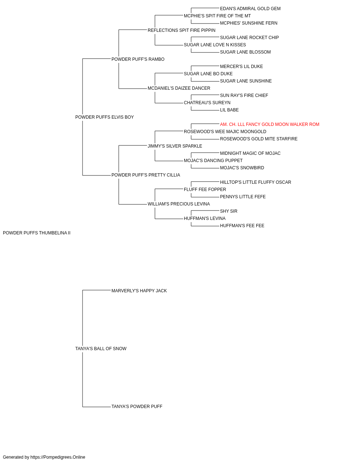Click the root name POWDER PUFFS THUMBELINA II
[x=37, y=233]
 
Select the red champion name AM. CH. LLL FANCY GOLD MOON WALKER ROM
[x=269, y=124]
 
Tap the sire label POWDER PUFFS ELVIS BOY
[x=105, y=117]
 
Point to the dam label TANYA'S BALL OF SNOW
[x=101, y=349]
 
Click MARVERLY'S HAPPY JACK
[x=139, y=291]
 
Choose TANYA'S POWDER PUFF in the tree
[x=137, y=407]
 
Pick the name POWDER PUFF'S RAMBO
[x=138, y=59]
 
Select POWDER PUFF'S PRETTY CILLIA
[x=146, y=175]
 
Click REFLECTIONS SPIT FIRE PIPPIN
[x=181, y=30]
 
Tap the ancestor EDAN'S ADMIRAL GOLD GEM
[x=250, y=9]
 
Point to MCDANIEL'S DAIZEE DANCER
[x=179, y=88]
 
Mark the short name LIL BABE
[x=230, y=110]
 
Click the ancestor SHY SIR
[x=229, y=211]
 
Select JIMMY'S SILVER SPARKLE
[x=175, y=146]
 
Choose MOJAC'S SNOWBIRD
[x=242, y=168]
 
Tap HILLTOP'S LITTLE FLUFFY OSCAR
[x=256, y=182]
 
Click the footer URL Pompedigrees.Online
[x=58, y=457]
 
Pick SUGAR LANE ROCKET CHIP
[x=249, y=38]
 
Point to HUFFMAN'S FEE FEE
[x=242, y=226]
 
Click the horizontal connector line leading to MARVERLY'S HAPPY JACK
[x=97, y=290]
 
